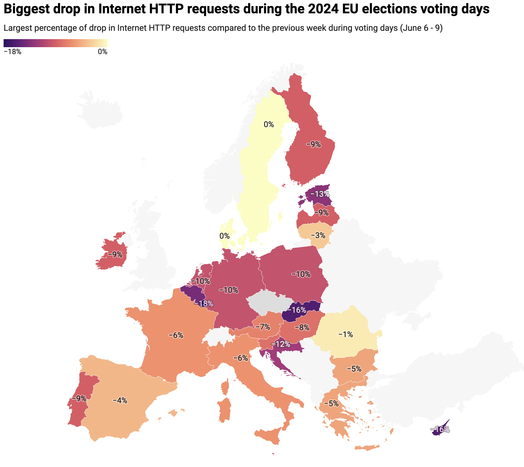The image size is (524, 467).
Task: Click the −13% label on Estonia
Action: (x=320, y=194)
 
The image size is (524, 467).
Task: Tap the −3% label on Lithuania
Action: (x=318, y=235)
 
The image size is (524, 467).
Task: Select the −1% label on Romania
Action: (x=346, y=334)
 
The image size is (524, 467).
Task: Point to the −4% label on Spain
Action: (x=120, y=400)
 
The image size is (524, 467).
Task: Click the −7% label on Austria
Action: (x=263, y=327)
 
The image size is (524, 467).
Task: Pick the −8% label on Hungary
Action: (x=302, y=327)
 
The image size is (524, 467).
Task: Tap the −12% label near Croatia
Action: (x=280, y=344)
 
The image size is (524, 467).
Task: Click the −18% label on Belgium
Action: (x=204, y=304)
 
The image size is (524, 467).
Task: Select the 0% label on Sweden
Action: (x=269, y=124)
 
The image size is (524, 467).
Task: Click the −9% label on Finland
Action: (x=313, y=144)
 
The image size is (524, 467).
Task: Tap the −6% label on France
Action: (x=176, y=335)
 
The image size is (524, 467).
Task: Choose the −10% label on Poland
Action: (x=301, y=274)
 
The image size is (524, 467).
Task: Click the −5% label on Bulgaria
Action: (x=354, y=369)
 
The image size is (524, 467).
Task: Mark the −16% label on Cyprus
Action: (x=440, y=429)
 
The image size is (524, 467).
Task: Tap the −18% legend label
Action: (x=12, y=52)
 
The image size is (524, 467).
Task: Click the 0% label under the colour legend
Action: (x=102, y=52)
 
